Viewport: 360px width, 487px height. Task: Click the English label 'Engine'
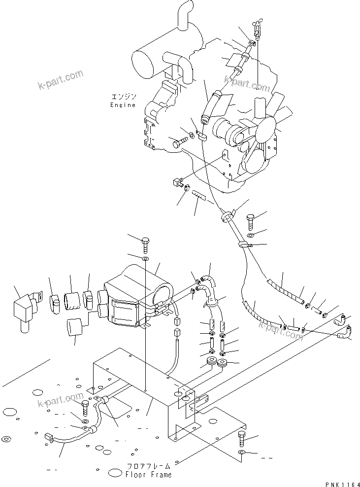click(x=122, y=105)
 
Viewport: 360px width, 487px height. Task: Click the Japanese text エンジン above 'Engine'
click(x=122, y=97)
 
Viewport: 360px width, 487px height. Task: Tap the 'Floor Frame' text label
click(x=148, y=475)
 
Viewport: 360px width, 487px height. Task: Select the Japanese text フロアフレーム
click(x=148, y=466)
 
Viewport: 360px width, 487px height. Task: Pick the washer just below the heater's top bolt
click(x=146, y=259)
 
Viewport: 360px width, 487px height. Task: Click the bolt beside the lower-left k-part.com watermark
click(x=86, y=408)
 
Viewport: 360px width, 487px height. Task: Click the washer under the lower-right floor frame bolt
click(x=241, y=453)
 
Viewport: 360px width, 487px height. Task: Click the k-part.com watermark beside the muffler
click(x=61, y=80)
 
